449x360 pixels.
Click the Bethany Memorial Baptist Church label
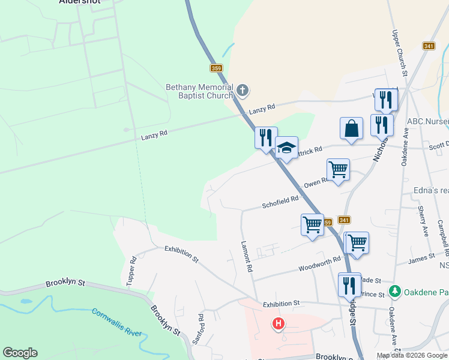point(199,91)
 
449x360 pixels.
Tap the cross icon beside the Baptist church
point(243,91)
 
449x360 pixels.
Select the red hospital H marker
point(279,325)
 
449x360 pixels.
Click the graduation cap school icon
point(286,148)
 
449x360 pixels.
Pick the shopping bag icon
point(351,128)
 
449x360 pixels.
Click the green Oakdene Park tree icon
point(394,292)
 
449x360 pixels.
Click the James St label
point(421,257)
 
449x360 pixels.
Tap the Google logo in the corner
point(20,353)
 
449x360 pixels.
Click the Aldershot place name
point(80,2)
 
